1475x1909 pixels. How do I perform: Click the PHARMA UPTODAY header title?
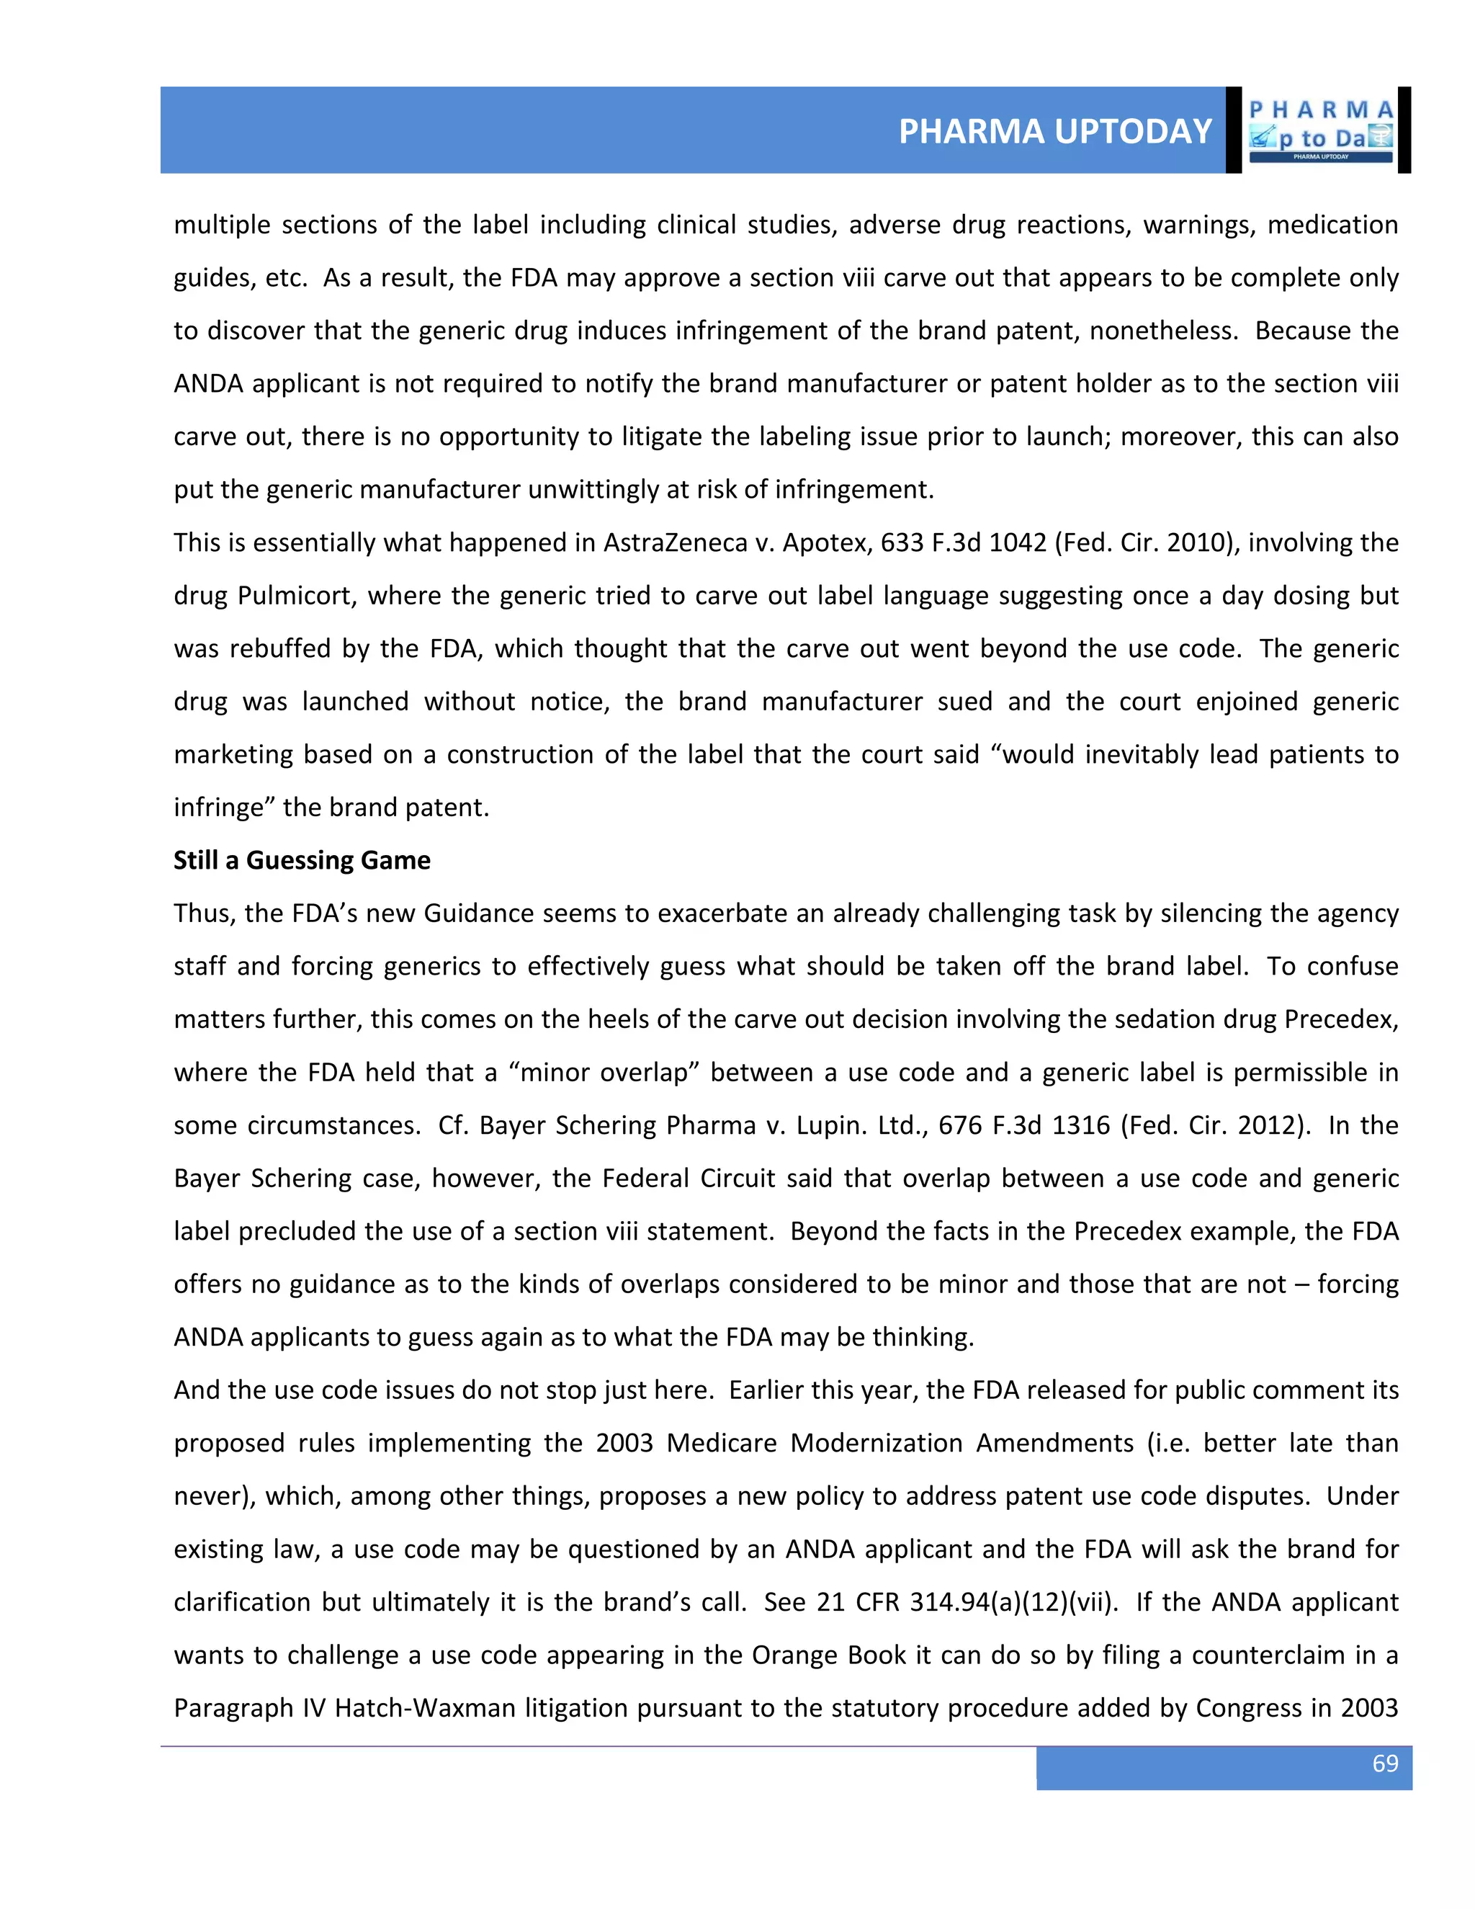pos(1054,131)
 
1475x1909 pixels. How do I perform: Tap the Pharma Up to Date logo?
pos(1320,130)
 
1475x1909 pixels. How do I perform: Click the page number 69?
pos(1384,1763)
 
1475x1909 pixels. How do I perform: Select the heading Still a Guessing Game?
pos(302,860)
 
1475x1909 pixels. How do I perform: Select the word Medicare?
pos(721,1443)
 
